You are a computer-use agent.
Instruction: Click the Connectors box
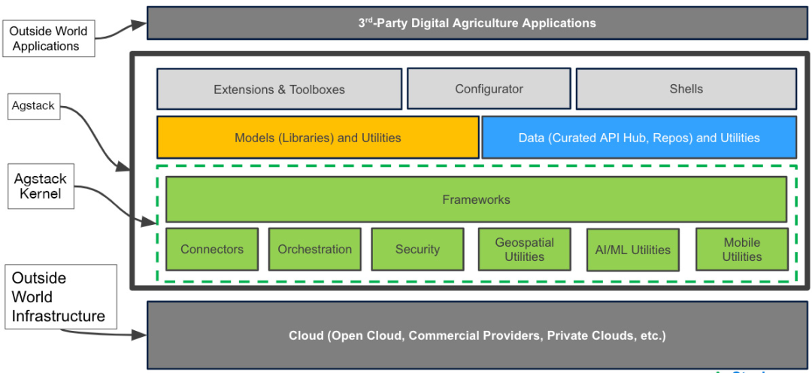[212, 249]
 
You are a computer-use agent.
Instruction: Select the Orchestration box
[314, 249]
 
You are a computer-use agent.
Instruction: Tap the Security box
[417, 249]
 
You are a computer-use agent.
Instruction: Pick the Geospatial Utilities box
[524, 249]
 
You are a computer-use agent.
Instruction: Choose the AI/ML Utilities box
[632, 249]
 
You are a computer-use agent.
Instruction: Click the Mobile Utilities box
[741, 249]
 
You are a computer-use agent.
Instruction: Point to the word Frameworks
[476, 199]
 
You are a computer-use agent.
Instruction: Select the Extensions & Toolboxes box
[279, 89]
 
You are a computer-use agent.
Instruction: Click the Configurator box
[489, 89]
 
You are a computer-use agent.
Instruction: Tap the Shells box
[686, 89]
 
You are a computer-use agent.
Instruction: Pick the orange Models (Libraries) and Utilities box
[317, 138]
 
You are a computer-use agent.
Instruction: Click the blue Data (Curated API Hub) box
[638, 138]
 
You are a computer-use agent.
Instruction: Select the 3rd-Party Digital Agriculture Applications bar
[477, 23]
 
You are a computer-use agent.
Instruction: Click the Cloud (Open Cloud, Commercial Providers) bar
[477, 335]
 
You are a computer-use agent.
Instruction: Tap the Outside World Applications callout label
[50, 38]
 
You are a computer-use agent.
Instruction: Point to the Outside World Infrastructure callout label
[59, 296]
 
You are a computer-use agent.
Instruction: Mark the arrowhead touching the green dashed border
[152, 223]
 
